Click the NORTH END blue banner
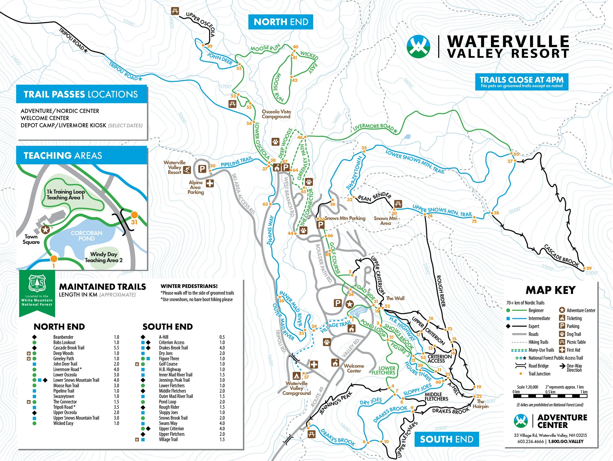(x=281, y=22)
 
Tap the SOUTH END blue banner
(x=447, y=439)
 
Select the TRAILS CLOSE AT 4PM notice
(x=522, y=82)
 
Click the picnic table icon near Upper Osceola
(x=175, y=11)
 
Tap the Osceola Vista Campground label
(x=276, y=114)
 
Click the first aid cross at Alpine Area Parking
(x=210, y=183)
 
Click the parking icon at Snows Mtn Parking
(x=321, y=225)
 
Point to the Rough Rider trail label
(x=441, y=291)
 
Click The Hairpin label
(x=481, y=404)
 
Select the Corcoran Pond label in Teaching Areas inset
(x=87, y=236)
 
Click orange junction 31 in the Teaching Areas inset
(x=134, y=215)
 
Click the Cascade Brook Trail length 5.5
(x=116, y=348)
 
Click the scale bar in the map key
(x=550, y=396)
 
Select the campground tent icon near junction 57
(x=296, y=376)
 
